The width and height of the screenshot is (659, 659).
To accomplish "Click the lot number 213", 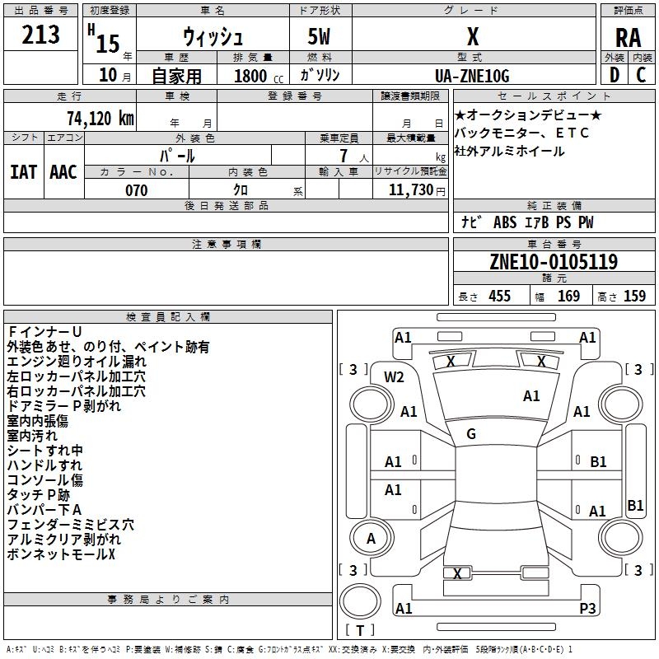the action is pyautogui.click(x=40, y=35).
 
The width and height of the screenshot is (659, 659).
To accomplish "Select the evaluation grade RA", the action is pyautogui.click(x=628, y=38).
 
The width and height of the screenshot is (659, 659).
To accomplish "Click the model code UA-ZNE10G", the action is pyautogui.click(x=472, y=76).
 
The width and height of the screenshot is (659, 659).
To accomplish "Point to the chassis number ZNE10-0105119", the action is pyautogui.click(x=553, y=262).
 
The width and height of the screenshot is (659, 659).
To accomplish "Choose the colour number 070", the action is pyautogui.click(x=136, y=190).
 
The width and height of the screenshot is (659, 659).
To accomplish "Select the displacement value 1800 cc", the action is pyautogui.click(x=250, y=77).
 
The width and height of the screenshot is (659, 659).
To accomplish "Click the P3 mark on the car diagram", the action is pyautogui.click(x=587, y=608).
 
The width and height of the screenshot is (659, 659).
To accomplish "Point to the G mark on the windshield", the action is pyautogui.click(x=471, y=433).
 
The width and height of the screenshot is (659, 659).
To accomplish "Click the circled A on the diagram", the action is pyautogui.click(x=371, y=539).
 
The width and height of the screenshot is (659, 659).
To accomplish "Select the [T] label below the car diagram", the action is pyautogui.click(x=360, y=630).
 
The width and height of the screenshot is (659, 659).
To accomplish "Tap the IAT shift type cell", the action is pyautogui.click(x=24, y=171).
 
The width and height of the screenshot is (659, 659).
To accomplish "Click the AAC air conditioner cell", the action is pyautogui.click(x=63, y=171).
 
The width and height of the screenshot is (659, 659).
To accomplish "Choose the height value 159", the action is pyautogui.click(x=634, y=296).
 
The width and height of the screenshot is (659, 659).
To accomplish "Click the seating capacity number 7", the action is pyautogui.click(x=352, y=156).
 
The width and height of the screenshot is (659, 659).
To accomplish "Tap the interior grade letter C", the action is pyautogui.click(x=641, y=75).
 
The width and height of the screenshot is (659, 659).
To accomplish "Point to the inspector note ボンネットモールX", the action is pyautogui.click(x=62, y=554).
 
